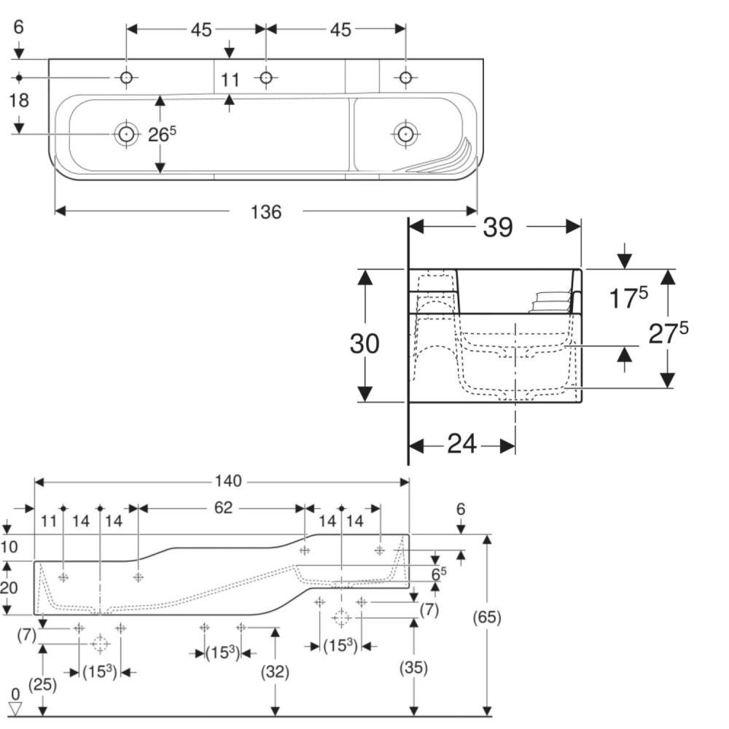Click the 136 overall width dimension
[265, 211]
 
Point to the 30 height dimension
[364, 343]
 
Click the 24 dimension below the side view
[461, 443]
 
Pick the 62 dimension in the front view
[223, 508]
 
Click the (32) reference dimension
[275, 672]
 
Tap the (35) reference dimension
[413, 668]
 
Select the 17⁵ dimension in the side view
[628, 298]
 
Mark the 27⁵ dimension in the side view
[668, 335]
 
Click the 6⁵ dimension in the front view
[437, 574]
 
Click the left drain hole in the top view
[126, 133]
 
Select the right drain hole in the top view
[405, 133]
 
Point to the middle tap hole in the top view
[266, 77]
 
